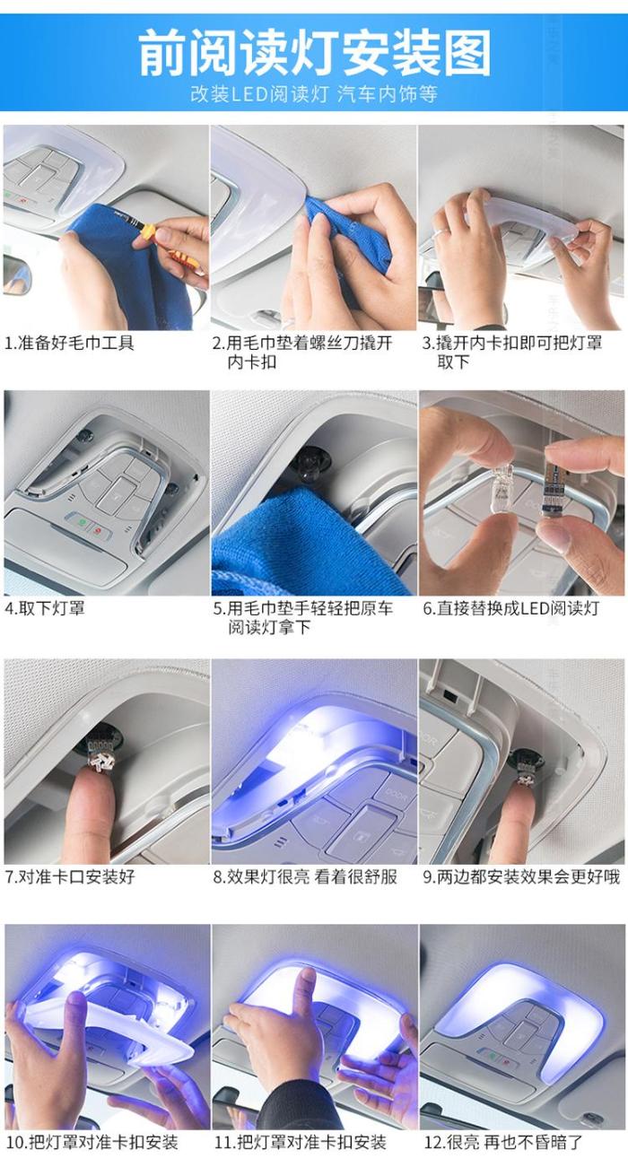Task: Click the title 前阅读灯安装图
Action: (315, 53)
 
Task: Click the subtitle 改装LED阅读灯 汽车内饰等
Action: (314, 94)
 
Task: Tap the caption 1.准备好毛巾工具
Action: (69, 343)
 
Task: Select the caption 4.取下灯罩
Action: (45, 608)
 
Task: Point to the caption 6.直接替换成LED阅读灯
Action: (510, 608)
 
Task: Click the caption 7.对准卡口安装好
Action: (70, 876)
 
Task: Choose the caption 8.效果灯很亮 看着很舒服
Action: (305, 876)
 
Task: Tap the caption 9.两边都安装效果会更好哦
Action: (521, 876)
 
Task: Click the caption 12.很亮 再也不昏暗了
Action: (503, 1141)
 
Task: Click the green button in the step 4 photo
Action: (82, 523)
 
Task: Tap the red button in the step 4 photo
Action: (98, 531)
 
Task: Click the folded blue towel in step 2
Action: (345, 231)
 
